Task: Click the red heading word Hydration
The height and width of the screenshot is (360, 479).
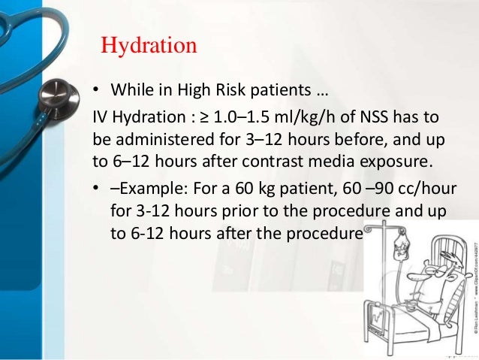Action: [x=149, y=45]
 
